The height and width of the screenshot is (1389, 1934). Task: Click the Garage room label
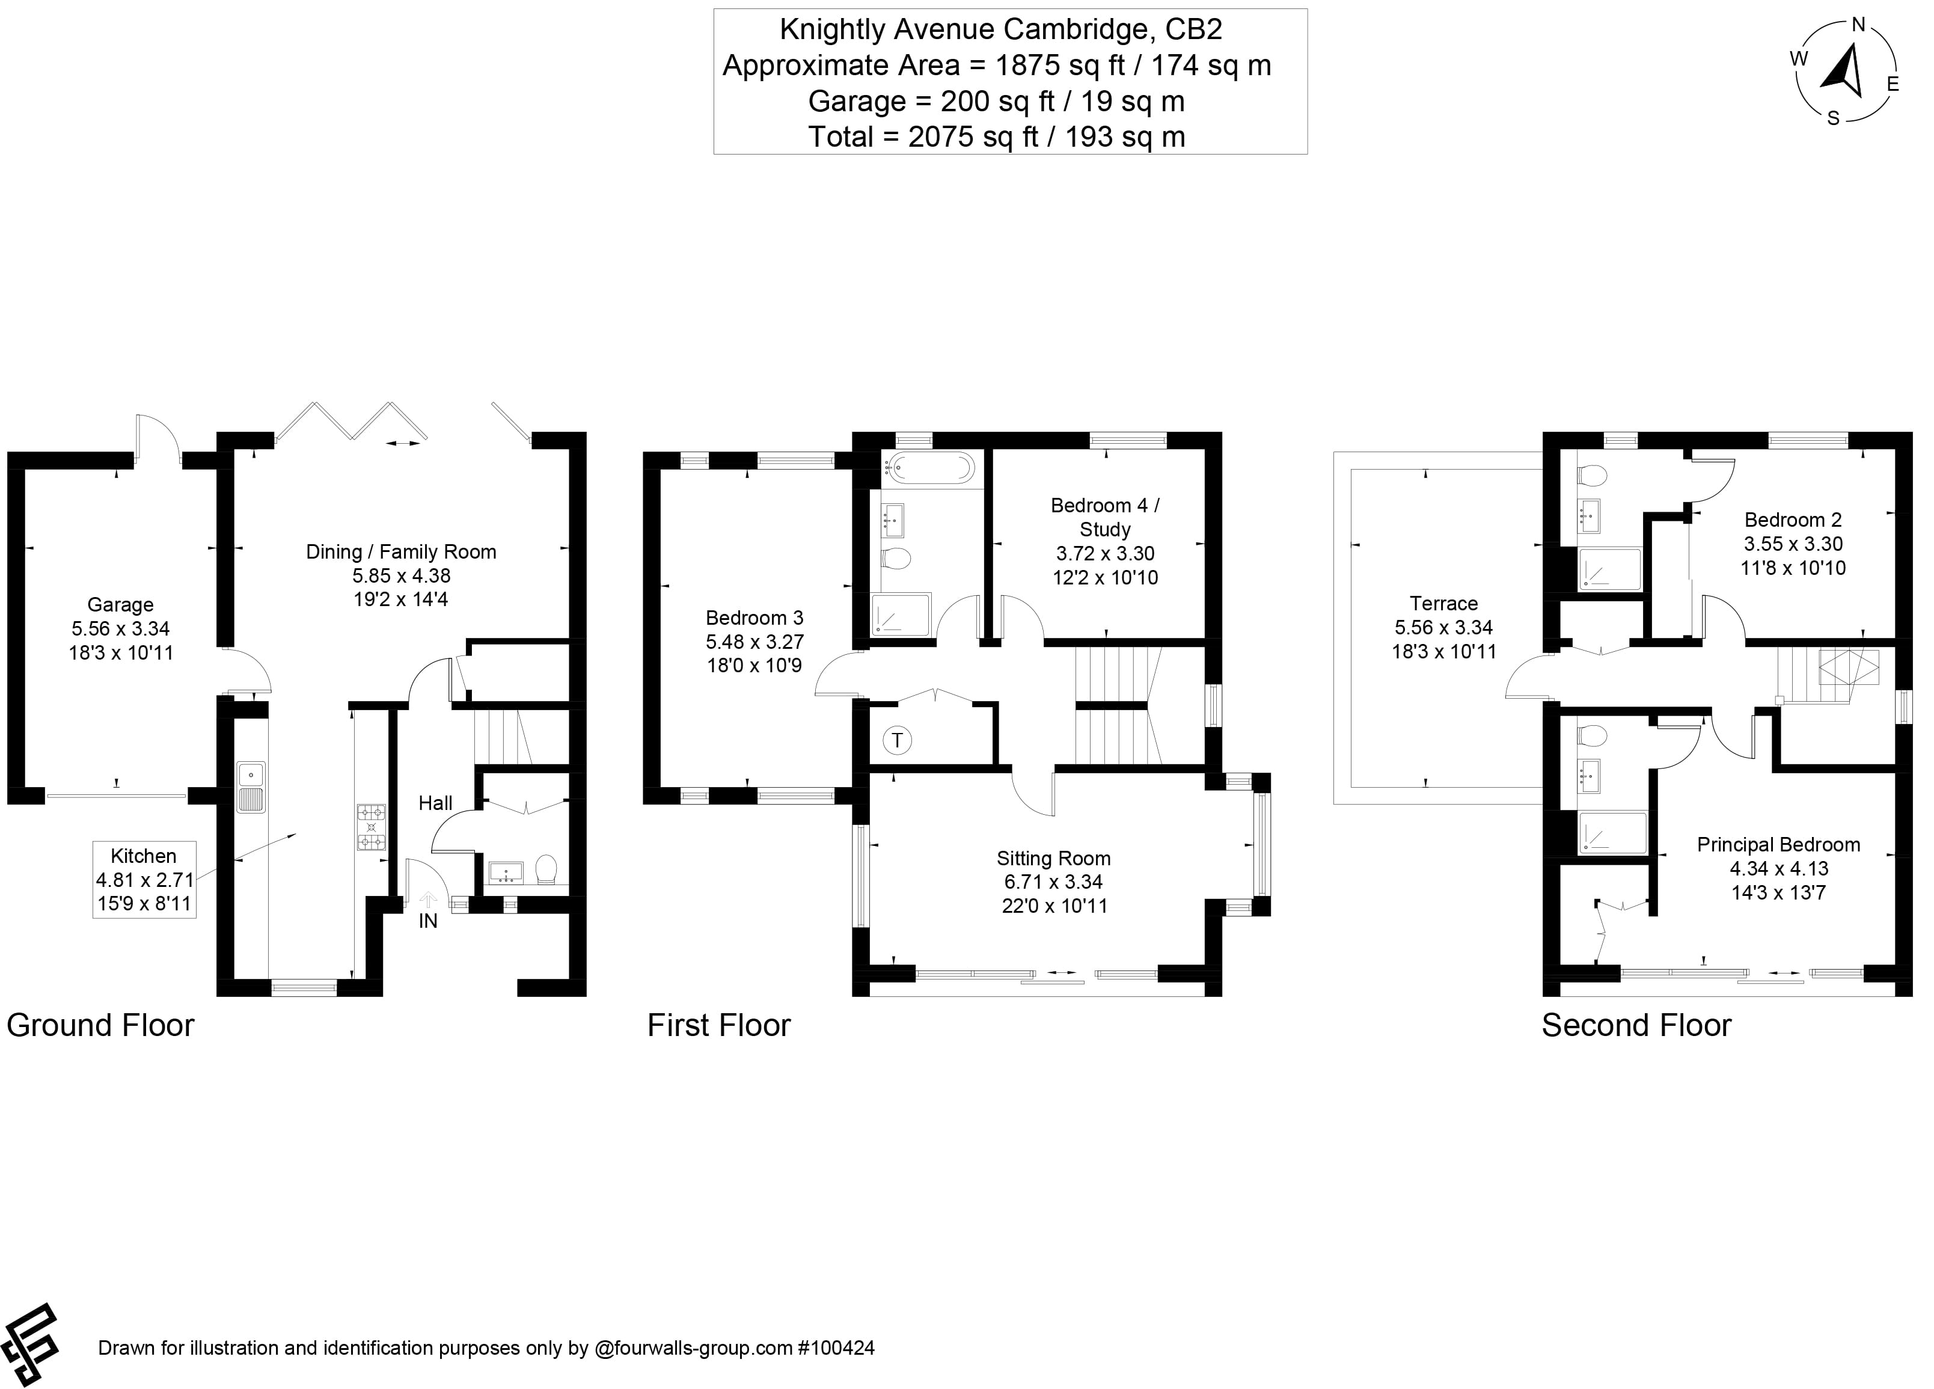tap(120, 604)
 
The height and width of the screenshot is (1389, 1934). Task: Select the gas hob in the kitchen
tap(371, 827)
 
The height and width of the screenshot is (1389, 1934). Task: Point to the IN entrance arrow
tap(428, 900)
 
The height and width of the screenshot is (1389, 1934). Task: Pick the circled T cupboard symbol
tap(896, 740)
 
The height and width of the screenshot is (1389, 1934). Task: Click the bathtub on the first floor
tap(929, 467)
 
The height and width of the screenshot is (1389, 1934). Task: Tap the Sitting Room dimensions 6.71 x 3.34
tap(1053, 882)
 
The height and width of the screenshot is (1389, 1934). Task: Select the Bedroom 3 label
tap(754, 618)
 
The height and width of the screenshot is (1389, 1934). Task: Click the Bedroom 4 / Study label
tap(1104, 517)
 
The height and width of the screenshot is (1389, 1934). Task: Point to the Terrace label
tap(1443, 604)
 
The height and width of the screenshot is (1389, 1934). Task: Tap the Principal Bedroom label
tap(1777, 844)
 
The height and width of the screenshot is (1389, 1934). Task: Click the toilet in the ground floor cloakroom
tap(546, 869)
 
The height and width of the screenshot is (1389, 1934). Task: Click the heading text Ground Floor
tap(100, 1025)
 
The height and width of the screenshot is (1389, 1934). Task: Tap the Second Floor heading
tap(1636, 1025)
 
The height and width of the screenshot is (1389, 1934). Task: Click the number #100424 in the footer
tap(835, 1348)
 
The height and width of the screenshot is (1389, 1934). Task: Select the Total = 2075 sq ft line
tap(996, 136)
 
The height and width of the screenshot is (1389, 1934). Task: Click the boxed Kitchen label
tap(144, 856)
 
